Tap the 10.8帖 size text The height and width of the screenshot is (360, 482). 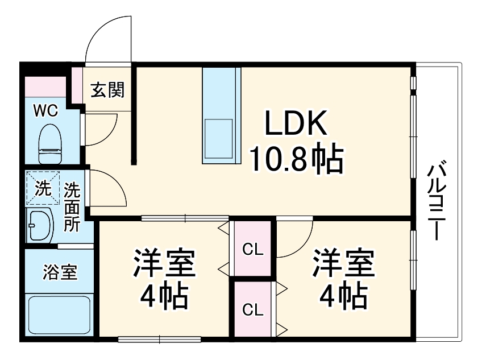tap(296, 159)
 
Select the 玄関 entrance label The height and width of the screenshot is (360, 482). tap(107, 89)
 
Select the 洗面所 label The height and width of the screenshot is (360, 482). tap(72, 206)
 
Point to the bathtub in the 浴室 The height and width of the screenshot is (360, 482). tap(59, 315)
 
